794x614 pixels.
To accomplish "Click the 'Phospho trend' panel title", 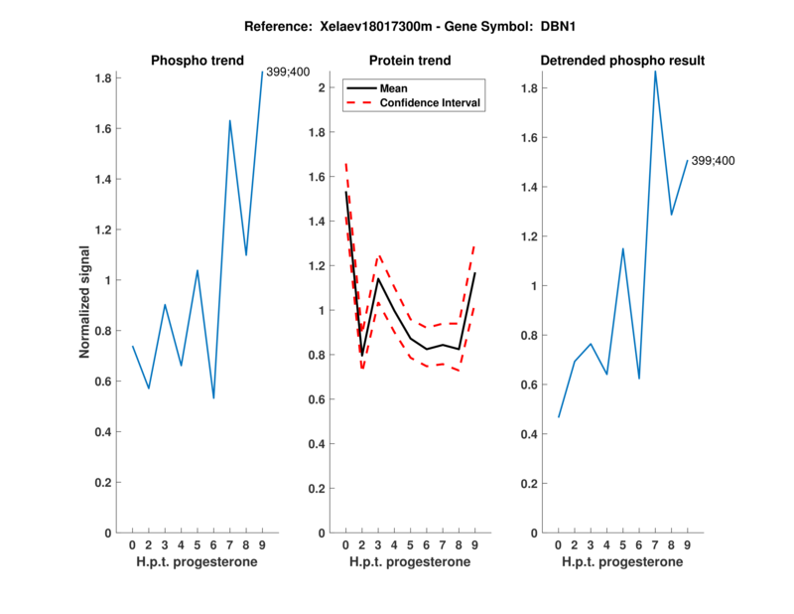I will tap(197, 61).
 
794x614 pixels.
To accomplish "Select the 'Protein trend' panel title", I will tap(410, 61).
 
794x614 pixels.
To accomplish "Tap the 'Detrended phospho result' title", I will tap(622, 61).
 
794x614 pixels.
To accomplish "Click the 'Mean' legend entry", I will tap(394, 88).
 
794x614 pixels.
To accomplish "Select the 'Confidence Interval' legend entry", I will tap(431, 102).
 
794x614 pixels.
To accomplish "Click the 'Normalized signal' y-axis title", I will tap(85, 302).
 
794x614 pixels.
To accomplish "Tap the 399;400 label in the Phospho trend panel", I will tap(287, 72).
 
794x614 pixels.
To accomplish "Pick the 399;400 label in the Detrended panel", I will tap(714, 161).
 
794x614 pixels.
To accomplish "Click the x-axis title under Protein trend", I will tap(410, 562).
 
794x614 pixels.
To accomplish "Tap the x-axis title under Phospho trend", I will tap(197, 562).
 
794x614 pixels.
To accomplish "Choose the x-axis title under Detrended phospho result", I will tap(622, 562).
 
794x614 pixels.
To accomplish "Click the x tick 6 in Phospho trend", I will tap(213, 544).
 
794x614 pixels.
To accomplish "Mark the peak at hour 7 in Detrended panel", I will tap(655, 71).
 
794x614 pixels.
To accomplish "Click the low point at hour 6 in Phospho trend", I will tap(213, 398).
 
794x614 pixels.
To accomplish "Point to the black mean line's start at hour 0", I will tap(345, 192).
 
